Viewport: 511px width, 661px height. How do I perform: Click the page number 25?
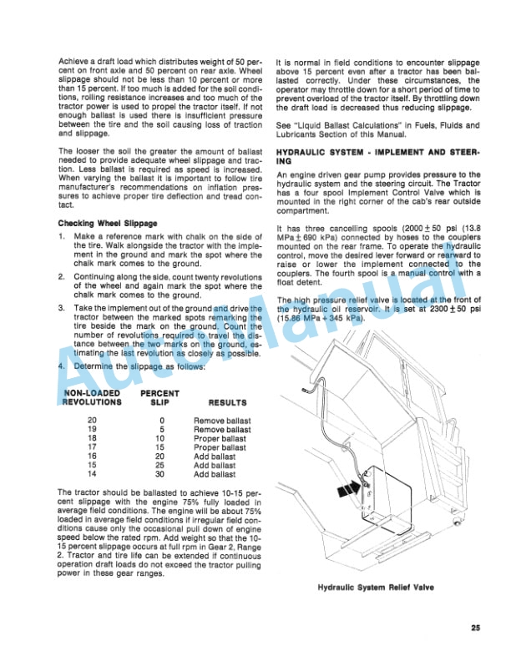pyautogui.click(x=475, y=628)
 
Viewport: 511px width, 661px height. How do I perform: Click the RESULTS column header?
pyautogui.click(x=221, y=401)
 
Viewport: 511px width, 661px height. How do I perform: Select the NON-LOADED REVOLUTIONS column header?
pyautogui.click(x=92, y=396)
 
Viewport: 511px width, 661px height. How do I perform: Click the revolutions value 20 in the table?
pyautogui.click(x=92, y=420)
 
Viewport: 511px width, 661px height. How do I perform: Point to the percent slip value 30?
pyautogui.click(x=161, y=475)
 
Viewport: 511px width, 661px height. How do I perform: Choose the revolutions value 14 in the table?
pyautogui.click(x=92, y=475)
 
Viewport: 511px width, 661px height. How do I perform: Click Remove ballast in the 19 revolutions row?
pyautogui.click(x=220, y=429)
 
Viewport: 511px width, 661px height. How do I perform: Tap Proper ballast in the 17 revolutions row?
pyautogui.click(x=220, y=447)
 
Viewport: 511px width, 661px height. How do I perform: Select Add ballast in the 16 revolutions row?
pyautogui.click(x=215, y=457)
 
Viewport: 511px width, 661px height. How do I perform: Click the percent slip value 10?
pyautogui.click(x=161, y=438)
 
